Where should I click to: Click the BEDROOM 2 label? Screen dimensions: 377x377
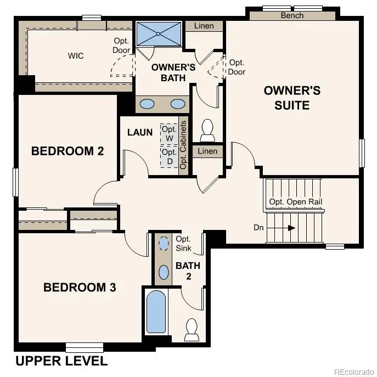(x=67, y=151)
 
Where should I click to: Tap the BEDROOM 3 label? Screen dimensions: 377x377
(x=80, y=287)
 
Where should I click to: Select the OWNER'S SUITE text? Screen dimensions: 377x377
(x=292, y=97)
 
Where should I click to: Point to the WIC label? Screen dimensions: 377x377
(x=76, y=56)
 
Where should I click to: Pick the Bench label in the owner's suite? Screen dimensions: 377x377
(x=292, y=15)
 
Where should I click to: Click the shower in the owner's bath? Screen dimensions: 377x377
(x=159, y=34)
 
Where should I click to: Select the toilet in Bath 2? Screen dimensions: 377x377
(x=192, y=329)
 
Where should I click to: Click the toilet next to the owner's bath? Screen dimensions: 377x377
(x=207, y=130)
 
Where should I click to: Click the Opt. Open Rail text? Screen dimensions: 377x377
(x=296, y=202)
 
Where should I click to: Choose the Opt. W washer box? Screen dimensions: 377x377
(x=169, y=133)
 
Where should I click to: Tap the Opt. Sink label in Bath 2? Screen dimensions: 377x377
(x=183, y=244)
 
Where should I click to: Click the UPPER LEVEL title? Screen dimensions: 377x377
(x=61, y=361)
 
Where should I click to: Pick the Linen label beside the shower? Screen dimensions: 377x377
(x=204, y=26)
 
